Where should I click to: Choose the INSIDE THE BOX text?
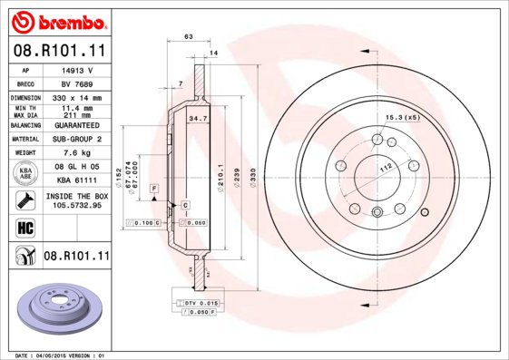tap(77, 196)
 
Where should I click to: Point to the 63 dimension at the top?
tap(188, 37)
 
